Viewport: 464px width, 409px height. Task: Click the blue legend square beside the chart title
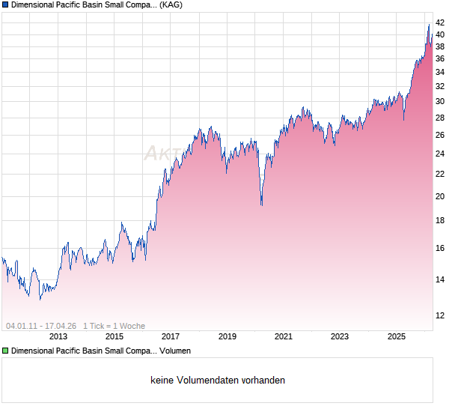pyautogui.click(x=5, y=4)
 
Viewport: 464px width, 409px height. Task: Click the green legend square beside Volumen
pyautogui.click(x=5, y=350)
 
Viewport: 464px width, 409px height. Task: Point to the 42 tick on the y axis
pyautogui.click(x=441, y=22)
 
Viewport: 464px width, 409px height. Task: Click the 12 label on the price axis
pyautogui.click(x=441, y=315)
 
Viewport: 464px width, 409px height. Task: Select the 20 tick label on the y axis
pyautogui.click(x=441, y=196)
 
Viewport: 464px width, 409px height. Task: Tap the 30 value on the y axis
pyautogui.click(x=441, y=101)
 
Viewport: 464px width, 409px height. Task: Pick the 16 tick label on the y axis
pyautogui.click(x=441, y=248)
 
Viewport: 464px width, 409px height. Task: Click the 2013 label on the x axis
pyautogui.click(x=58, y=336)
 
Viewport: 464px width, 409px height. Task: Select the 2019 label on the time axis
pyautogui.click(x=227, y=336)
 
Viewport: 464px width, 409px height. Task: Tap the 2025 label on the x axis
pyautogui.click(x=396, y=336)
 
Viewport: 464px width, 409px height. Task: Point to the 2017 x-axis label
pyautogui.click(x=171, y=336)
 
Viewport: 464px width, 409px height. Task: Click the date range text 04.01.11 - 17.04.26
pyautogui.click(x=41, y=326)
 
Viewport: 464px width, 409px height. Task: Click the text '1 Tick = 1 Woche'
pyautogui.click(x=114, y=326)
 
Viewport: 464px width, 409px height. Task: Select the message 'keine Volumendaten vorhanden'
pyautogui.click(x=218, y=381)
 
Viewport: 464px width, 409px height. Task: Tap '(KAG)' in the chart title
pyautogui.click(x=171, y=4)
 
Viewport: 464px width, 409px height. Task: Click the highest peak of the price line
pyautogui.click(x=429, y=25)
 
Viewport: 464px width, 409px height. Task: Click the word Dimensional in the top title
pyautogui.click(x=34, y=4)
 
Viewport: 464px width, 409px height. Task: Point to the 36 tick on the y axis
pyautogui.click(x=441, y=58)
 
